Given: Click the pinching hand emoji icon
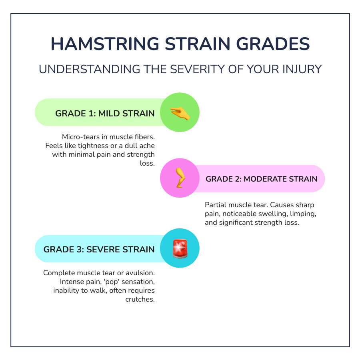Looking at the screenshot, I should [x=180, y=113].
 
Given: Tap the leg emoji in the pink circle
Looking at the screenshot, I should [x=180, y=178].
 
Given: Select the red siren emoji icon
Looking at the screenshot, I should [x=180, y=248].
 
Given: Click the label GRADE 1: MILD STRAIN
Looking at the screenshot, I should [x=105, y=113].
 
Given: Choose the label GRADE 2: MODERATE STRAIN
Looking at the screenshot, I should [x=262, y=179].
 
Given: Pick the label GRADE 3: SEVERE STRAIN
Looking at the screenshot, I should [x=99, y=249].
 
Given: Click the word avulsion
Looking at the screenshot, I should [x=140, y=273].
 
